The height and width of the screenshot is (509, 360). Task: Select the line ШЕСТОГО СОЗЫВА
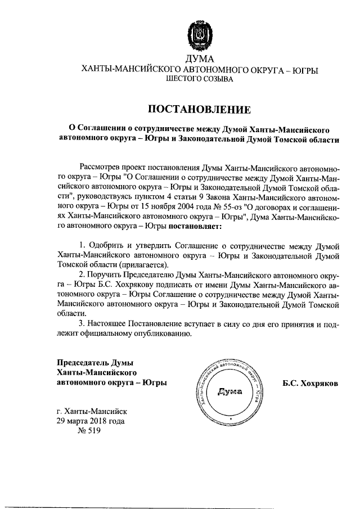(199, 80)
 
